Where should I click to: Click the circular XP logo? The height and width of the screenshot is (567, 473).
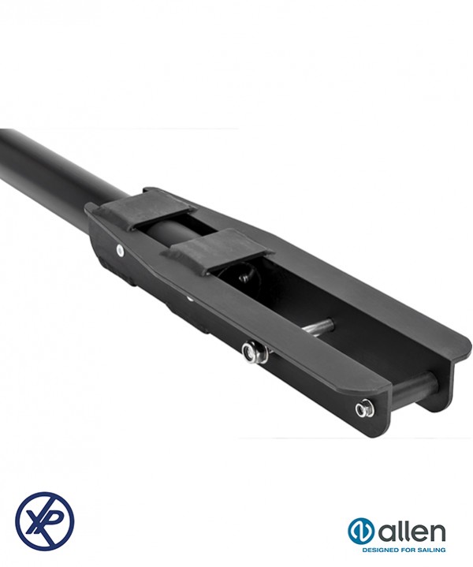(45, 520)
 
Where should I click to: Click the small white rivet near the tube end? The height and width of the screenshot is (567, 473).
(120, 250)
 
